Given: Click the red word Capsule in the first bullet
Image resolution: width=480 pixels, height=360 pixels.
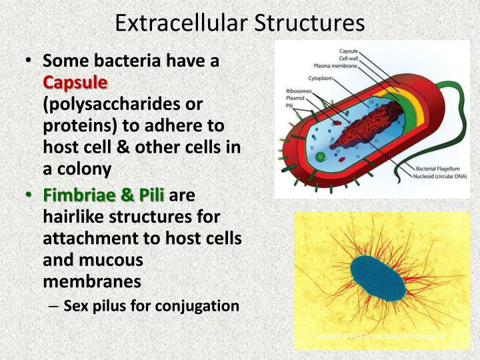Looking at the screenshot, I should click(x=75, y=84).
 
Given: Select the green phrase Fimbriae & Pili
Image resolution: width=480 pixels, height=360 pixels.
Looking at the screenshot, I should click(x=105, y=195).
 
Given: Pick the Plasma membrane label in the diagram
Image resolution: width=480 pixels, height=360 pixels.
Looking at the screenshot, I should click(x=336, y=65).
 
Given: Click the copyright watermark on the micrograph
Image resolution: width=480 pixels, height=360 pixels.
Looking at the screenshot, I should click(x=381, y=337).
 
